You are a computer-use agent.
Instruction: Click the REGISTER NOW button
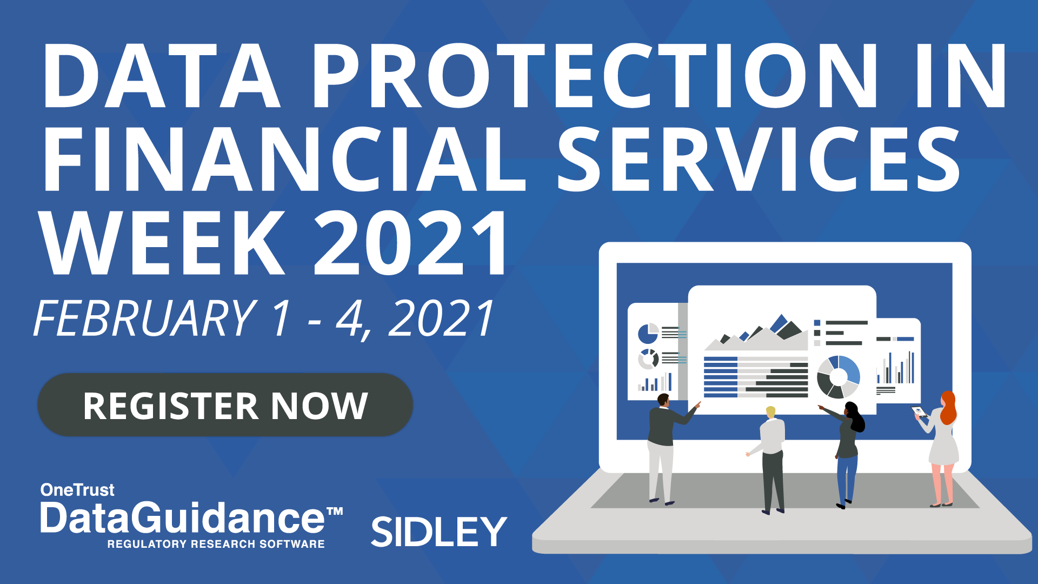coord(225,405)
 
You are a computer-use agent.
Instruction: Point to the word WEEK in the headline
coord(162,243)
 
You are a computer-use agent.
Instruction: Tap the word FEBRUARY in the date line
coord(145,318)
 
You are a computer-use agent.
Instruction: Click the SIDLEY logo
coord(438,531)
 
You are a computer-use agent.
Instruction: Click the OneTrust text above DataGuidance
coord(77,490)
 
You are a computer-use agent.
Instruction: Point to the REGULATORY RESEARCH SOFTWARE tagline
coord(216,544)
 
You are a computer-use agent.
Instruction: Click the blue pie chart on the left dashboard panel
coord(648,334)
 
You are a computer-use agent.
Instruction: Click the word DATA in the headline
coord(162,75)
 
